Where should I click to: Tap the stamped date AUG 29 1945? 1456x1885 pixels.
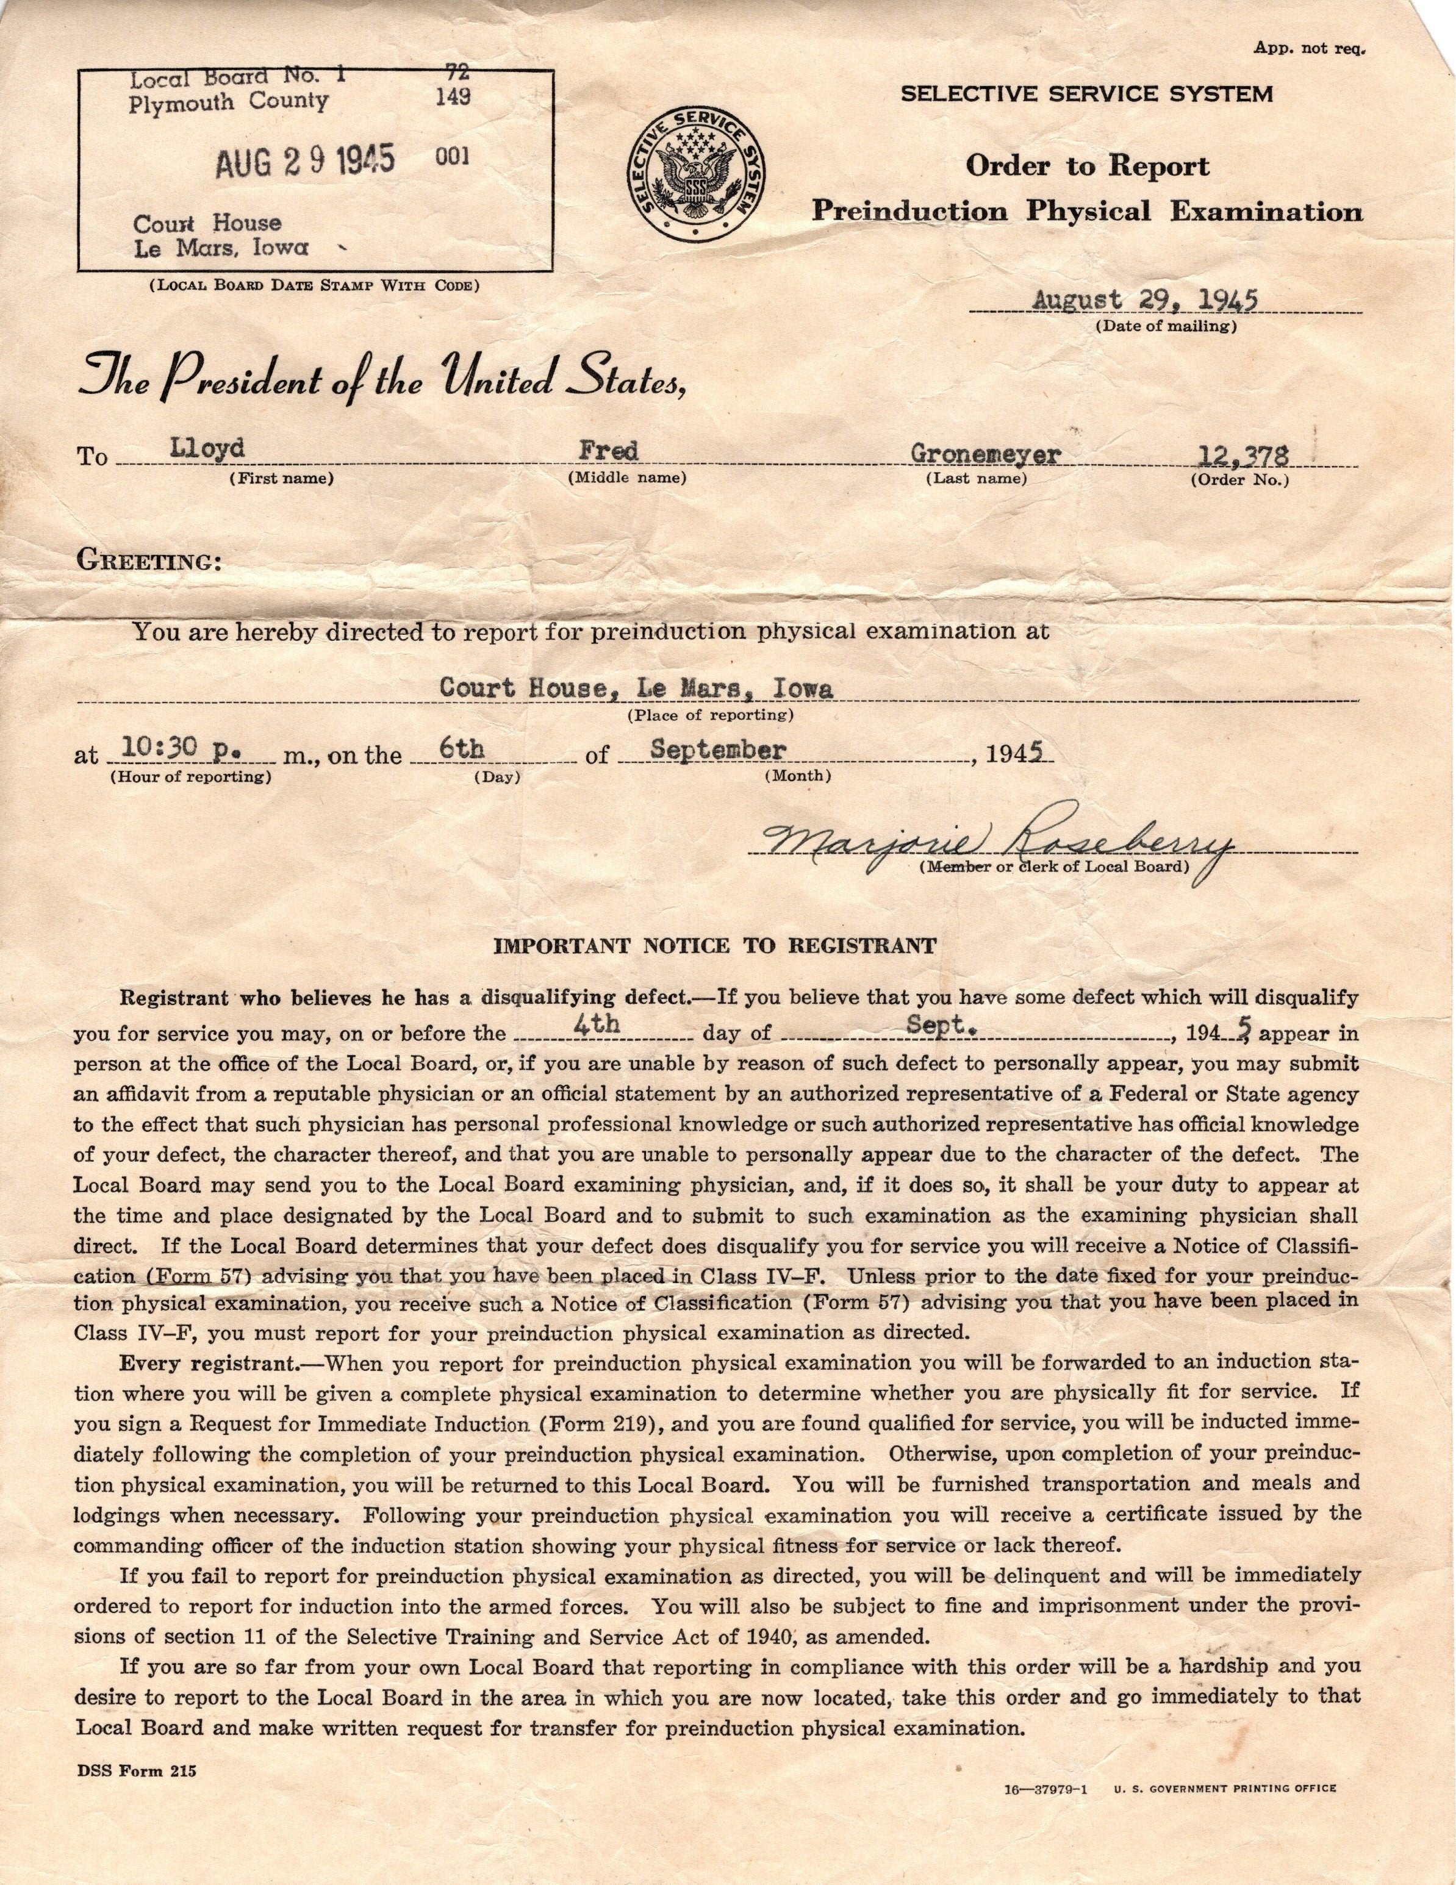coord(304,160)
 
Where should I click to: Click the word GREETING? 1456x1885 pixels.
coord(148,561)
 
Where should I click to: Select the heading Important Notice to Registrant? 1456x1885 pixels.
coord(714,946)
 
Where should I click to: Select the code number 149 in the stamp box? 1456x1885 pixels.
coord(453,97)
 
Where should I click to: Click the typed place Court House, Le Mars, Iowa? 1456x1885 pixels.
coord(636,689)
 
